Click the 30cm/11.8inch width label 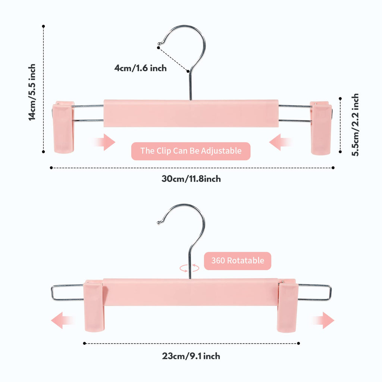(x=191, y=179)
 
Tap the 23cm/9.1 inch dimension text (x=191, y=356)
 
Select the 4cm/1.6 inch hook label (x=141, y=68)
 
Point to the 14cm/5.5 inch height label (x=32, y=92)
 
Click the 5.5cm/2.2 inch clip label (x=355, y=125)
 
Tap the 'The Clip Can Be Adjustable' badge (x=191, y=151)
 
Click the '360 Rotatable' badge (x=238, y=261)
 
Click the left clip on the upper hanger (x=63, y=127)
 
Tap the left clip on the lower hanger (x=94, y=306)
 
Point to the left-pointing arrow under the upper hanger (x=281, y=142)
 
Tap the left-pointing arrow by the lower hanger (x=62, y=320)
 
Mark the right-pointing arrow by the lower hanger (x=323, y=320)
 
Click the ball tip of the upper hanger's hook (x=159, y=44)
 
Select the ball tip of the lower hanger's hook (x=159, y=222)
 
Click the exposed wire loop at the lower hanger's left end (x=52, y=292)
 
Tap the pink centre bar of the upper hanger (x=191, y=113)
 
